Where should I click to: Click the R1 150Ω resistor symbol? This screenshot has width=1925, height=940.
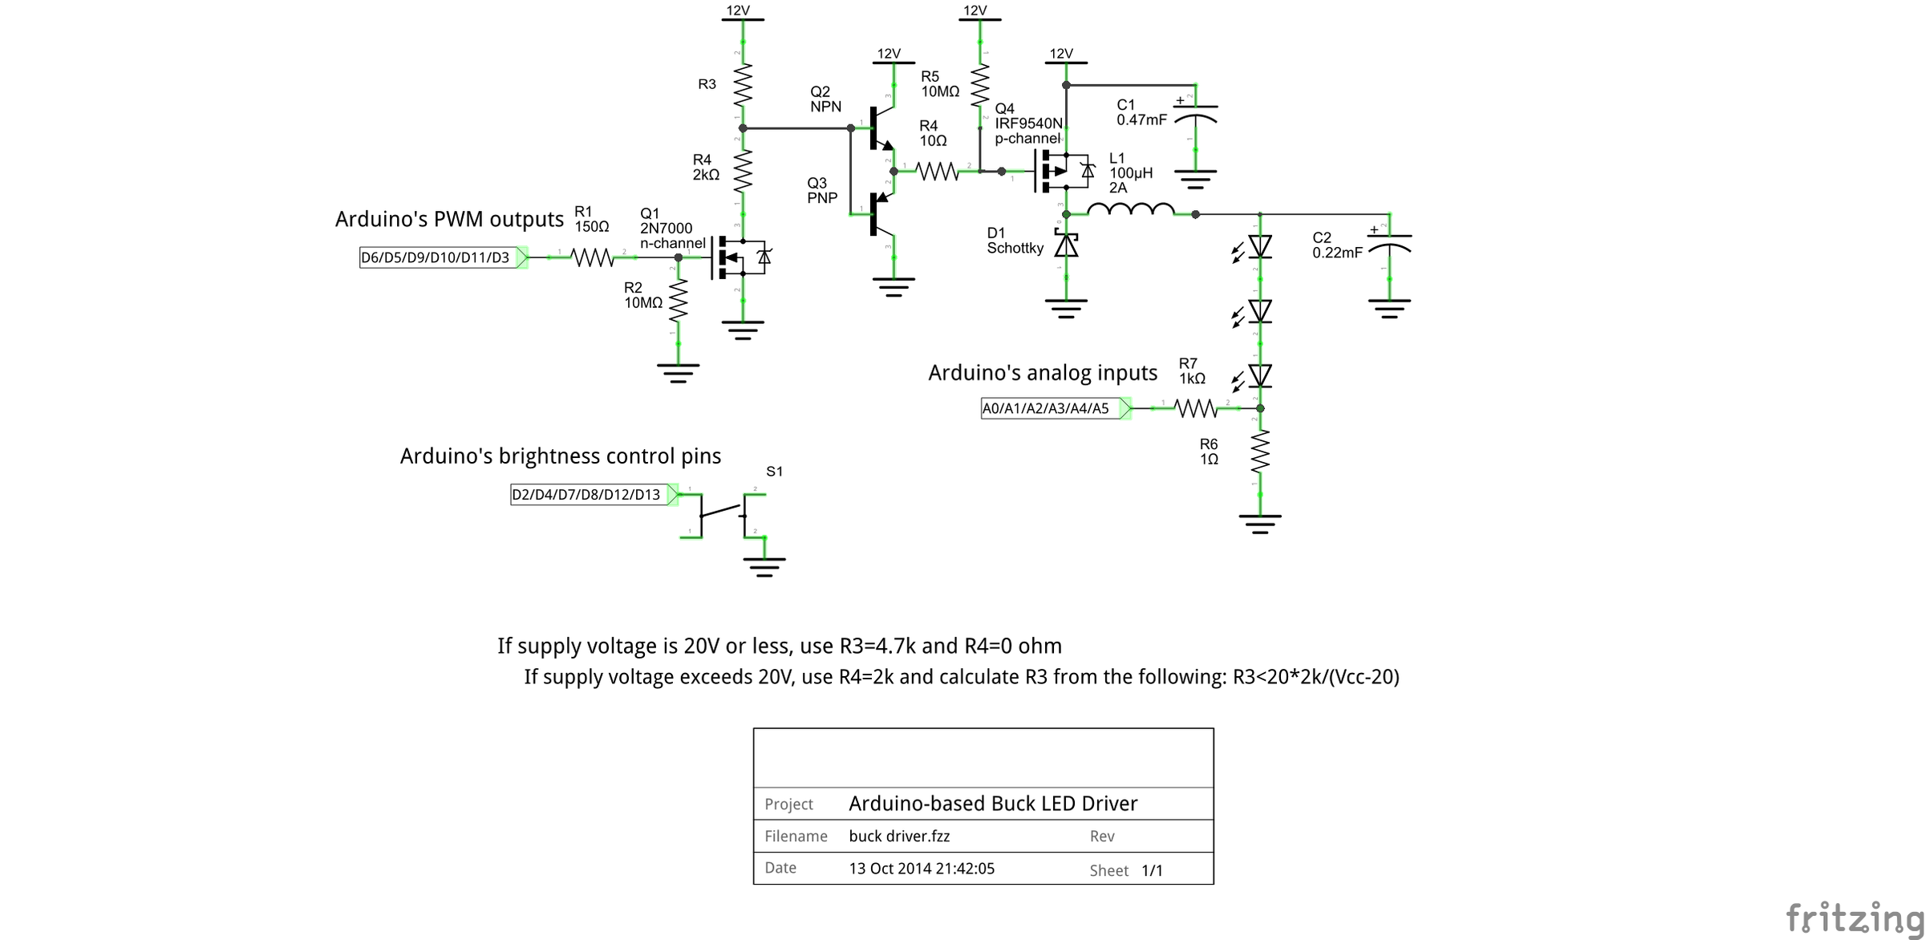(592, 257)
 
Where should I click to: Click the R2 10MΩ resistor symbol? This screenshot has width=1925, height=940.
(679, 300)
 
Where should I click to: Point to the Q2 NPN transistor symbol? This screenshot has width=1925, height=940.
(880, 128)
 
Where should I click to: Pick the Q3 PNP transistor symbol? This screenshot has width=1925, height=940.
(880, 212)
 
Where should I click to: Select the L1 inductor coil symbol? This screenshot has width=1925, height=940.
(1130, 210)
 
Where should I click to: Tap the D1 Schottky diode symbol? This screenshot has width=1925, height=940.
(1066, 245)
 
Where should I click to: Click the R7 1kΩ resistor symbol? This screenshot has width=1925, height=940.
(1195, 408)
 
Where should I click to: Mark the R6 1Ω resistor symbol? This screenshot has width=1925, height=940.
(1260, 453)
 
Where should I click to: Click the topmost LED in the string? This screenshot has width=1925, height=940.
(1259, 247)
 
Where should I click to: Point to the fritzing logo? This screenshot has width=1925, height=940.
(1853, 917)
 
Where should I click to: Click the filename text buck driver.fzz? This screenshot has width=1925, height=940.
(899, 836)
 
